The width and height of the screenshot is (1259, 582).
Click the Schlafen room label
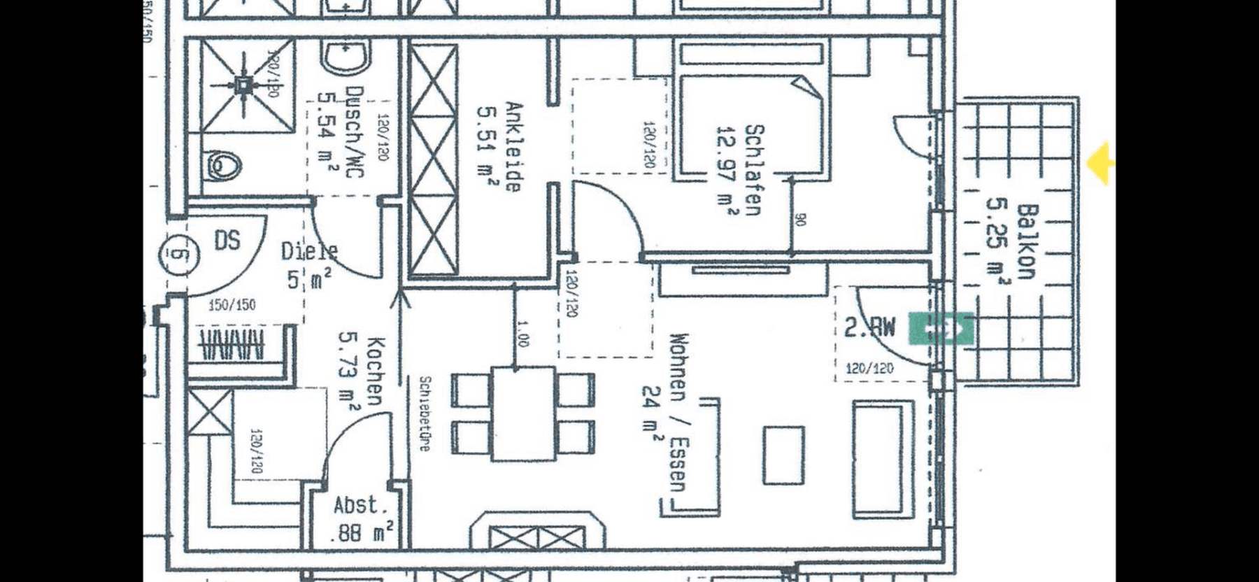click(754, 170)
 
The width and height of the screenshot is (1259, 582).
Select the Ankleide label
click(513, 148)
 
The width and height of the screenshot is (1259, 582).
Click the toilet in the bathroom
click(224, 166)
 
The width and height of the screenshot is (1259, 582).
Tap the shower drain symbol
click(243, 85)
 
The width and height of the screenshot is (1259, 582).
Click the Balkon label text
click(1027, 241)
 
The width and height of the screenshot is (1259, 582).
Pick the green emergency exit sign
click(940, 329)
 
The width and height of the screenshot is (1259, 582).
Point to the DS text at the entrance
click(227, 241)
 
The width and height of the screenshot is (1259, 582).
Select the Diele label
click(309, 251)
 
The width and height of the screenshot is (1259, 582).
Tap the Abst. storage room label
click(360, 505)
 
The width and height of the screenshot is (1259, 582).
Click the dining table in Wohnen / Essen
click(523, 414)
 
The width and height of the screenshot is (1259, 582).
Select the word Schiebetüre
click(424, 413)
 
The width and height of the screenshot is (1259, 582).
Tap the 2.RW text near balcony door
click(869, 327)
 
